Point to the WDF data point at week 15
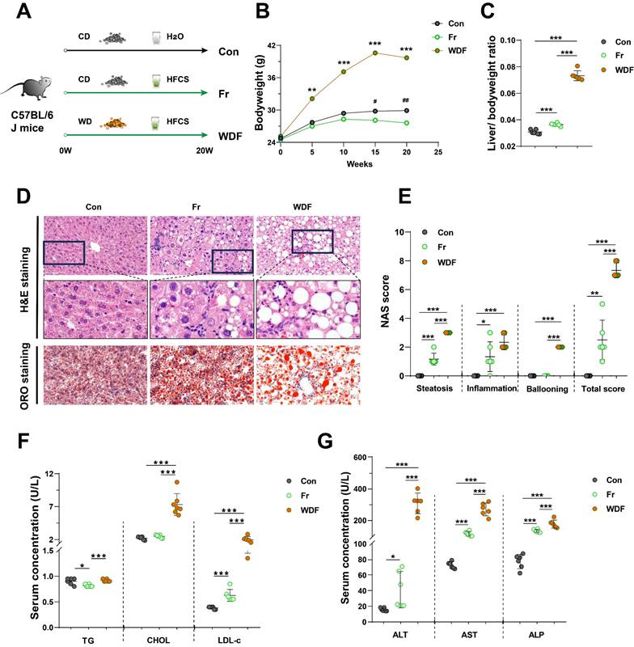click(x=375, y=53)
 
